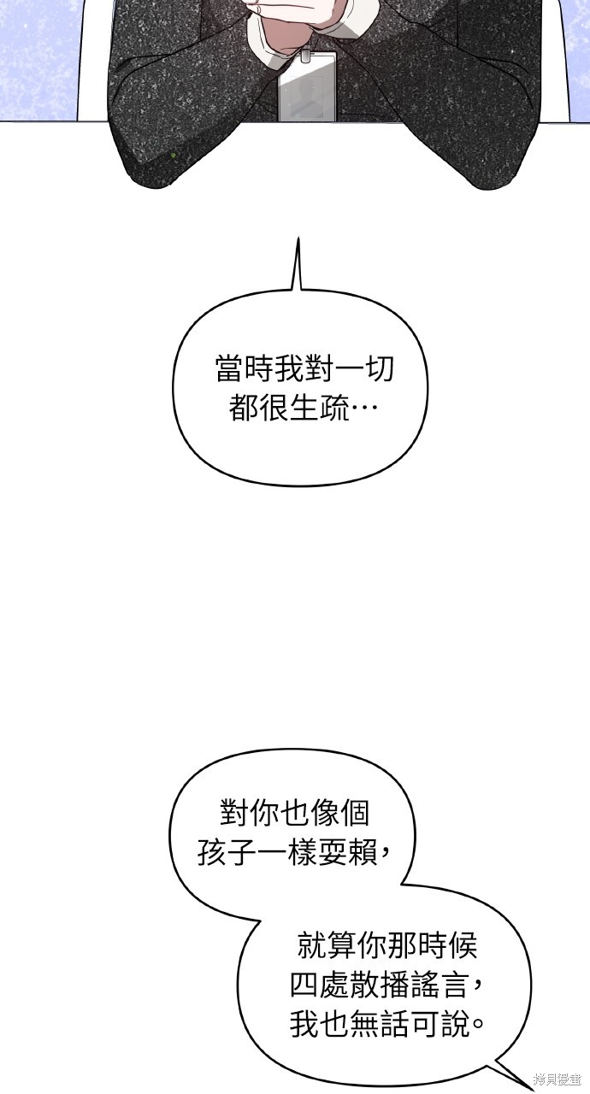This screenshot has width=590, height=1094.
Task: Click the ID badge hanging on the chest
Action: [307, 87]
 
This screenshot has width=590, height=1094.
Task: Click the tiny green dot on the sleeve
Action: [174, 156]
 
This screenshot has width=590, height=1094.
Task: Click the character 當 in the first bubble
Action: [230, 369]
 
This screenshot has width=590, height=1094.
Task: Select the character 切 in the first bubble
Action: [380, 369]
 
